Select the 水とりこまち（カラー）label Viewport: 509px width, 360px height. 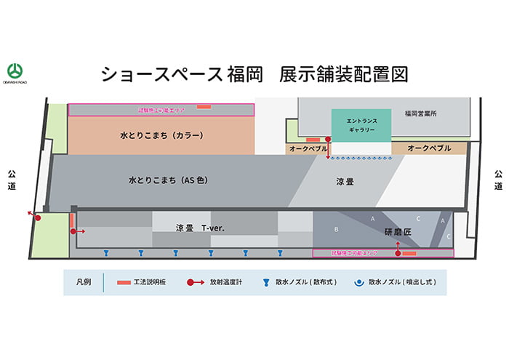point(161,135)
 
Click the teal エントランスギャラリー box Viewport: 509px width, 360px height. point(361,125)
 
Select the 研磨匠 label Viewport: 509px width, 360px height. point(397,231)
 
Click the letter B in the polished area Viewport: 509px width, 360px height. point(335,229)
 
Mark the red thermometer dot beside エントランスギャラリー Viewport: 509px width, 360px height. point(329,137)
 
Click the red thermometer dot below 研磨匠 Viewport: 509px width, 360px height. point(398,254)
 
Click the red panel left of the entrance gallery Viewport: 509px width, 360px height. point(313,139)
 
